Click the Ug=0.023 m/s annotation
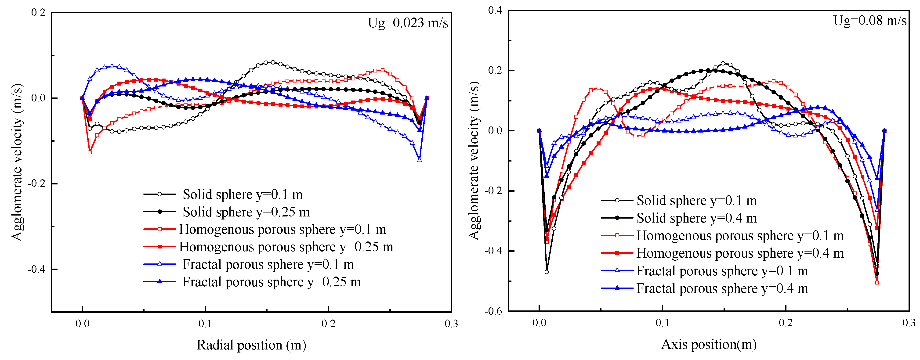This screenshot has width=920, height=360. [x=408, y=23]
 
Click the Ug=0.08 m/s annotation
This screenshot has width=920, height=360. [x=870, y=21]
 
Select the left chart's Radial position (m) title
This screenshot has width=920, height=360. [x=251, y=345]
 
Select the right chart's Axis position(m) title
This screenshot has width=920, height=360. [x=709, y=344]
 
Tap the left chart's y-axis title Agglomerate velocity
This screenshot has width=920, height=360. [x=17, y=162]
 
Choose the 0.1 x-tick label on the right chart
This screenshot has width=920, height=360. [x=663, y=323]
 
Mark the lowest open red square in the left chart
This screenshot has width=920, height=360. [x=90, y=152]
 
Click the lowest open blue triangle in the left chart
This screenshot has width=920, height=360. [x=419, y=160]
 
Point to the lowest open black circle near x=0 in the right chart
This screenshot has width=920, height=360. [x=547, y=272]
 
